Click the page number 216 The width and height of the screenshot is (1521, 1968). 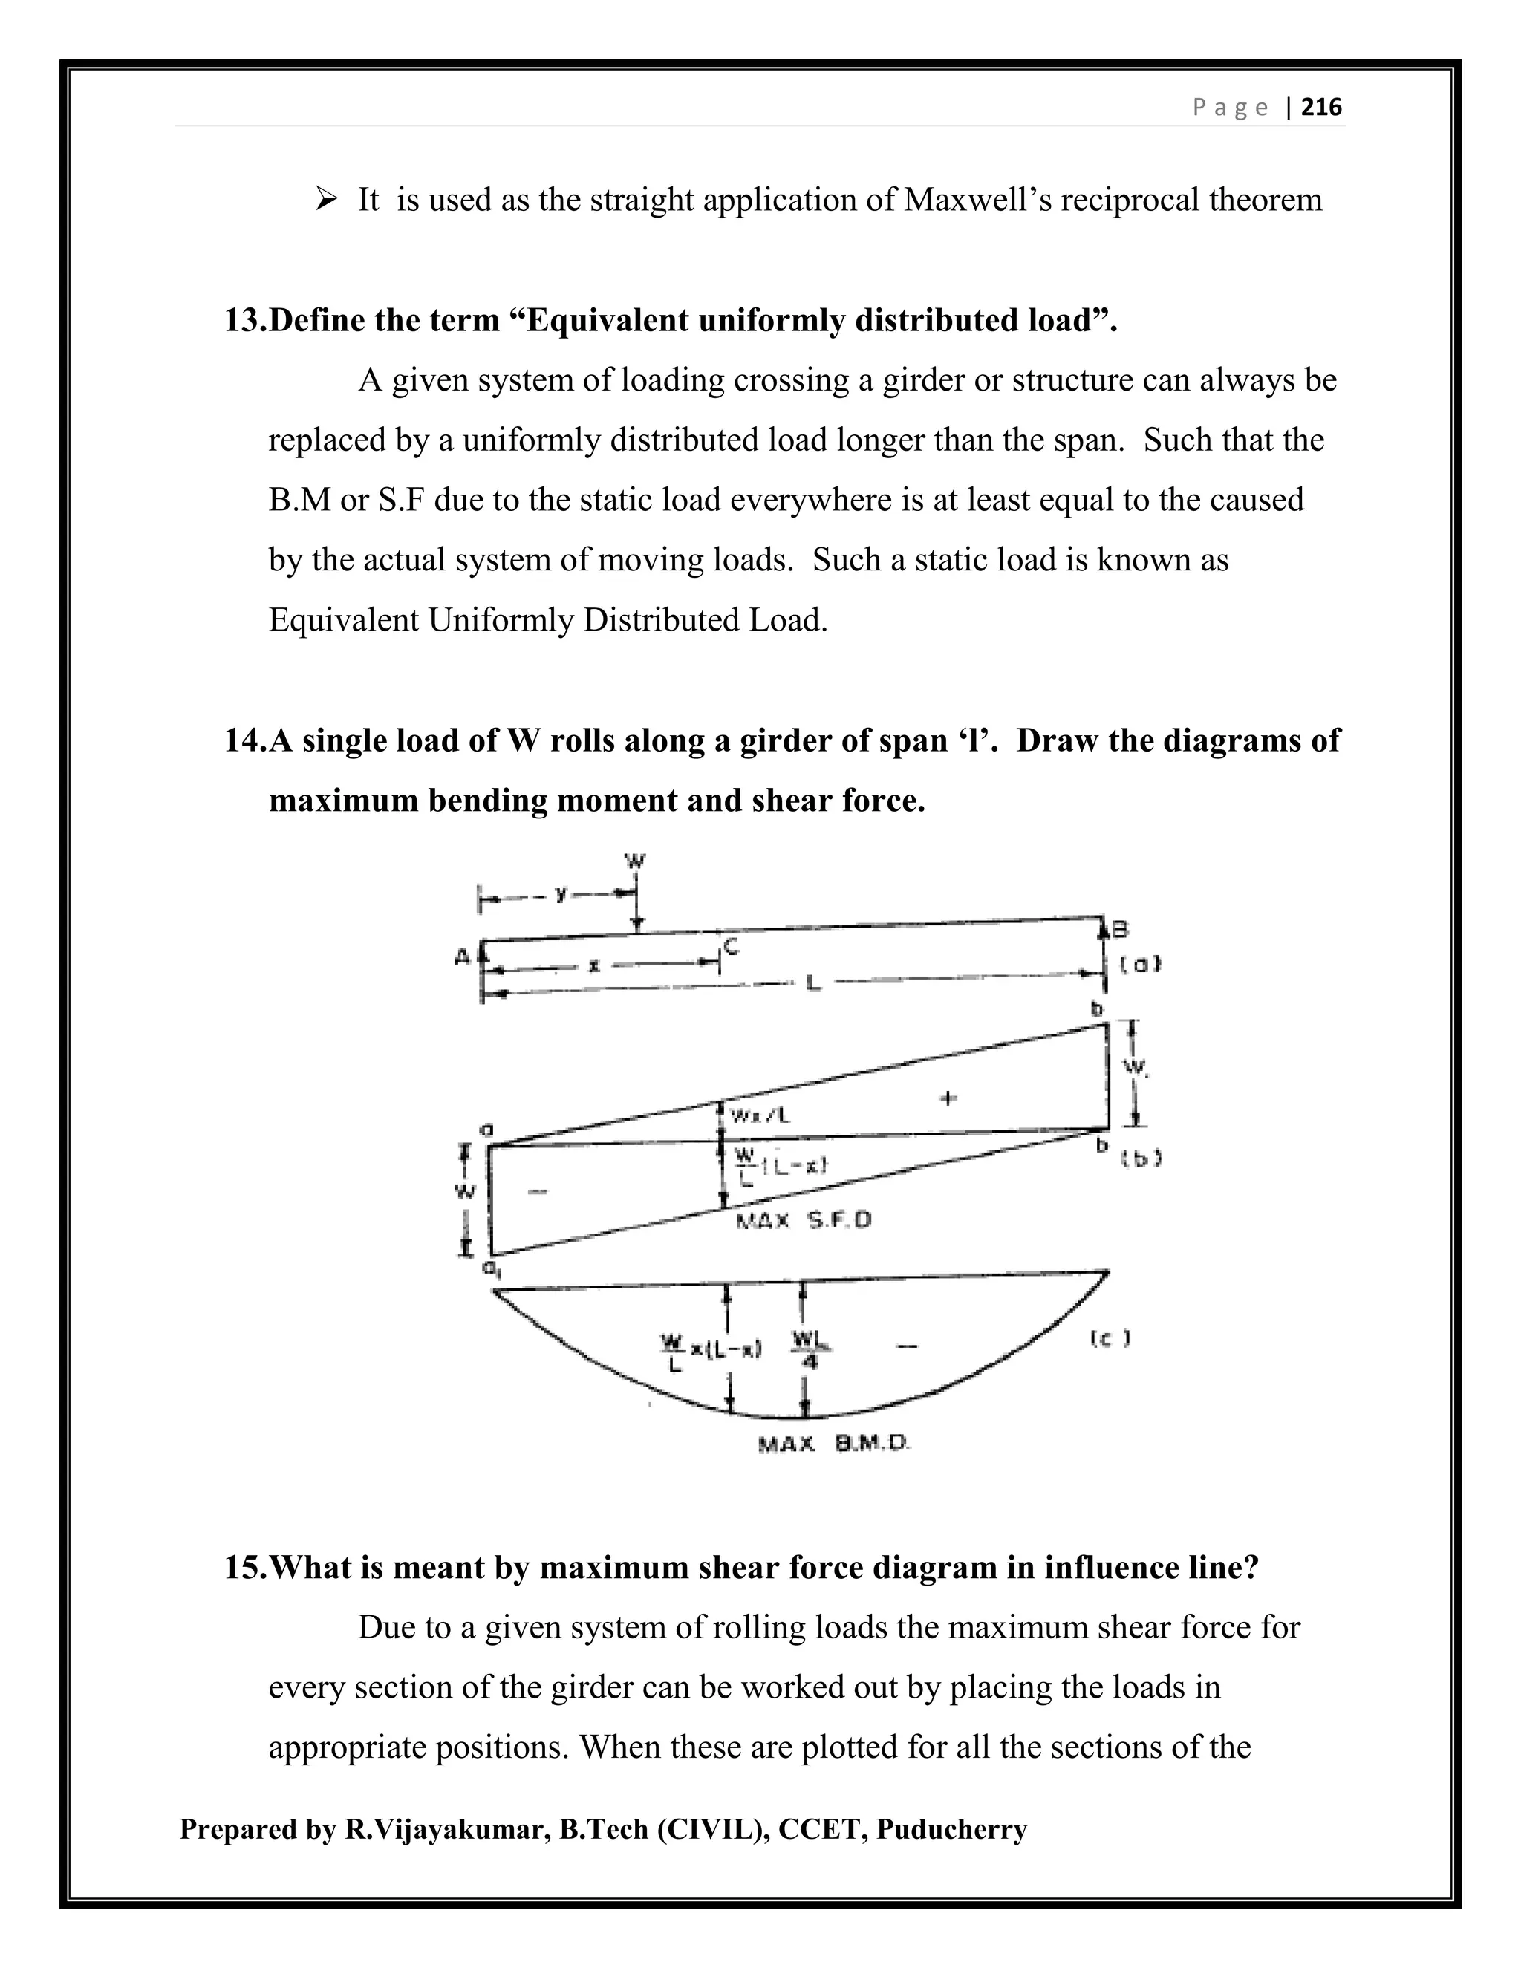1322,108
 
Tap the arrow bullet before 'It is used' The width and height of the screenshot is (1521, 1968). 325,198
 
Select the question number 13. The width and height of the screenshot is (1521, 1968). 245,321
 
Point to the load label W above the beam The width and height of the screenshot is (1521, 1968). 635,861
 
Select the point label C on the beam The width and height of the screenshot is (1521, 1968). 731,946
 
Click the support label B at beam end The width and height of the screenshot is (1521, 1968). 1120,929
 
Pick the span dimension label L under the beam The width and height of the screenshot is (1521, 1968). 812,985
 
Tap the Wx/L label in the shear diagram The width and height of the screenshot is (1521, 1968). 760,1115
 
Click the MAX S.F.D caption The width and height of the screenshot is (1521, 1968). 804,1222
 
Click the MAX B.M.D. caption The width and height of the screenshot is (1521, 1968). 834,1444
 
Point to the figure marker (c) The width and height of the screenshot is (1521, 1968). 1110,1339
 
